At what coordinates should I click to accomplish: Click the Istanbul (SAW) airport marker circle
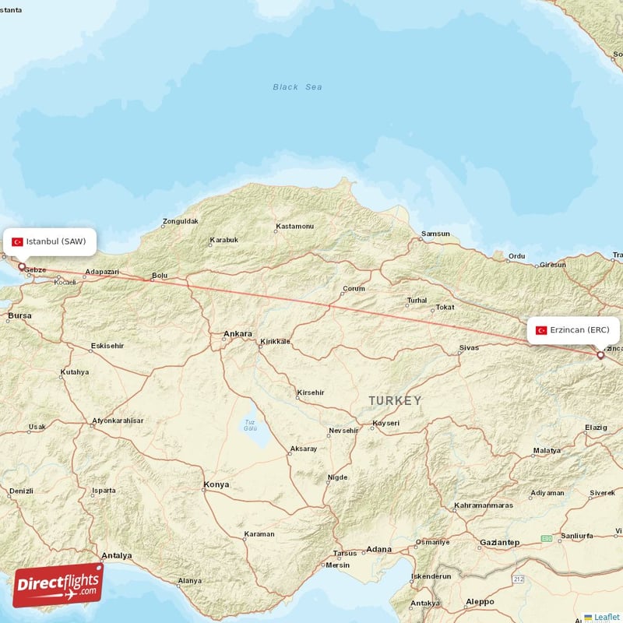tap(21, 266)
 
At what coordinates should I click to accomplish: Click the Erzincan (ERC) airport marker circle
tap(600, 355)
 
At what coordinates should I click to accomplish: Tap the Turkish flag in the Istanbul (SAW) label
tap(17, 241)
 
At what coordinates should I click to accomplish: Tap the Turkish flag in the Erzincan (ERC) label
tap(541, 330)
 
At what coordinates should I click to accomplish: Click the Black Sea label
tap(297, 87)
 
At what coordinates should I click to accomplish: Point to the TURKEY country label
tap(395, 400)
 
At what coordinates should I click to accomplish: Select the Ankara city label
tap(238, 334)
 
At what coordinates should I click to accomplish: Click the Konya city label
tap(216, 484)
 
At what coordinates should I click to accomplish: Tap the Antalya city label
tap(117, 555)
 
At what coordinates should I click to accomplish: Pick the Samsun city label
tap(435, 234)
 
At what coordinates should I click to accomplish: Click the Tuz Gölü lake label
tap(250, 425)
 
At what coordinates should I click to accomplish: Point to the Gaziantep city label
tap(499, 541)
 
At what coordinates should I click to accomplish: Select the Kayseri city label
tap(385, 423)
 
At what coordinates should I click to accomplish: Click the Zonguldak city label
tap(181, 221)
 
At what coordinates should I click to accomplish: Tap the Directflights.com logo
tap(58, 584)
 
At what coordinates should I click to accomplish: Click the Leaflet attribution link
tap(606, 617)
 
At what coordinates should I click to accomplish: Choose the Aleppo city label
tap(479, 601)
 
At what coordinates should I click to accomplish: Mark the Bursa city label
tap(19, 315)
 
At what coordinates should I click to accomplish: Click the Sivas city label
tap(469, 347)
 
